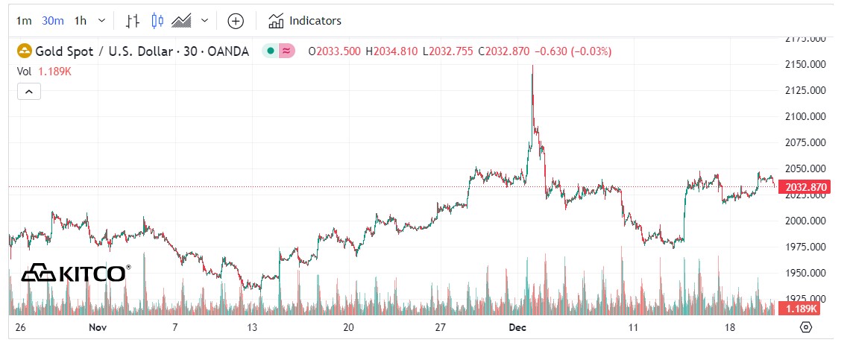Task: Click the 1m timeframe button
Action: coord(24,21)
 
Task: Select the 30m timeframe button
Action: coord(52,21)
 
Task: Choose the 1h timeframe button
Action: coord(81,21)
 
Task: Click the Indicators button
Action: coord(305,21)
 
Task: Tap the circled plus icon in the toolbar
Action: coord(236,21)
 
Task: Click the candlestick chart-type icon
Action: coord(157,21)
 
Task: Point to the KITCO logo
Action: coord(75,274)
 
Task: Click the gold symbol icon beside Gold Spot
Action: coord(25,51)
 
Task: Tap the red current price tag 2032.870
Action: coord(802,186)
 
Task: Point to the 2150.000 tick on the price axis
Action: coord(805,64)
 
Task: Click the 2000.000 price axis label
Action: coord(805,221)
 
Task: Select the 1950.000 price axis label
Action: coord(805,273)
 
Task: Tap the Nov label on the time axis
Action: coord(98,327)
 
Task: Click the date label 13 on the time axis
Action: coord(254,327)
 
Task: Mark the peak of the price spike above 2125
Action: coord(532,66)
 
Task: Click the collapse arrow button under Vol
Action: coord(28,92)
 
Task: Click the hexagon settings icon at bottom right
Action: coord(805,327)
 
